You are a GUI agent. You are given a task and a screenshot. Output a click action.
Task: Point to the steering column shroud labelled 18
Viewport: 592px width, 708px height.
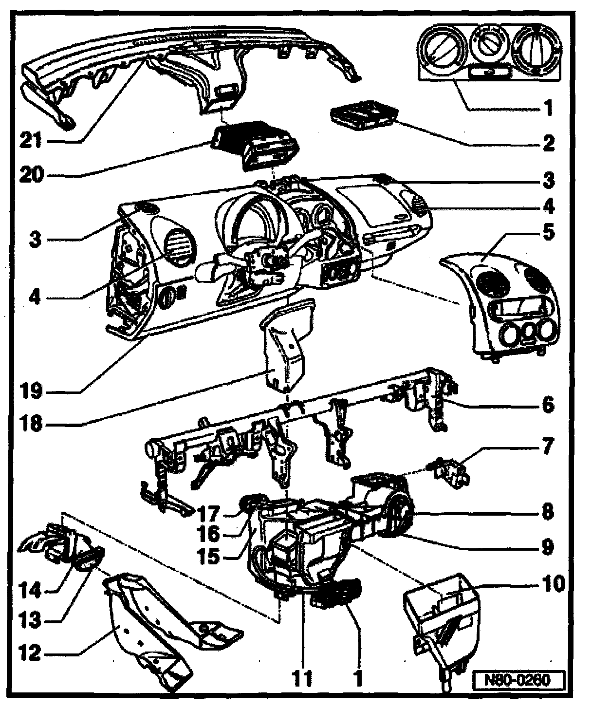coord(285,351)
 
